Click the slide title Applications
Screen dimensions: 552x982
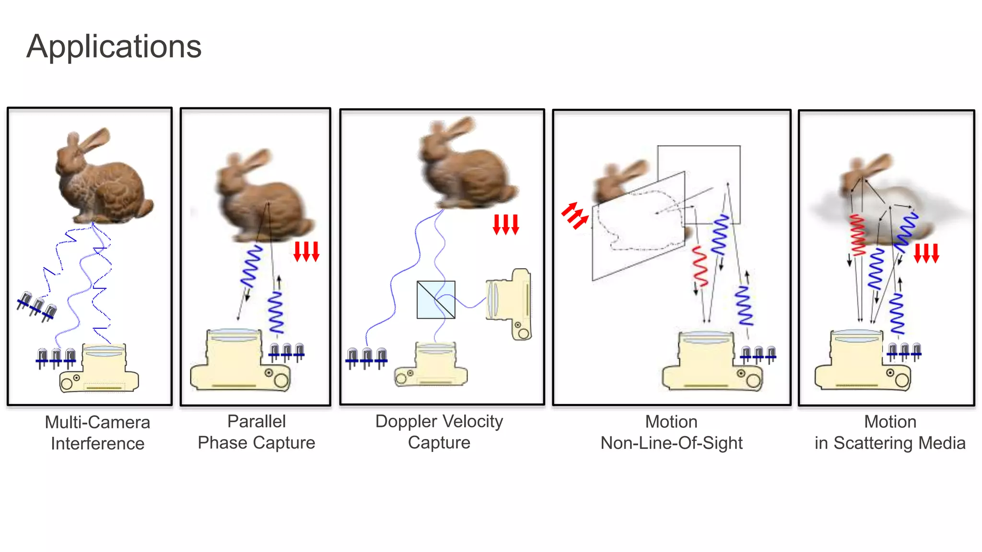click(x=114, y=46)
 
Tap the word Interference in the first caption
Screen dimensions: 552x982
click(x=97, y=444)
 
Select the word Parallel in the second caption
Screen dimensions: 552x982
click(x=257, y=421)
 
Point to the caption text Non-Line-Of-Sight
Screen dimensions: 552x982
click(x=671, y=443)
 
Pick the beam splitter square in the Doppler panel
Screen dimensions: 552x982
click(x=436, y=300)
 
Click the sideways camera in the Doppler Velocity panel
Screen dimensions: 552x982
click(x=509, y=304)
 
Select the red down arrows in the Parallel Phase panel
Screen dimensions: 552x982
click(x=306, y=252)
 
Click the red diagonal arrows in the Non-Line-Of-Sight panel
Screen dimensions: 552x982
click(x=574, y=215)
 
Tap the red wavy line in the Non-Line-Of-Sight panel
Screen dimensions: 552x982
click(x=700, y=266)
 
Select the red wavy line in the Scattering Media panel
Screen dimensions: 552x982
click(x=857, y=235)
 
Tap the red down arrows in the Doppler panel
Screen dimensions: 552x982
click(x=506, y=225)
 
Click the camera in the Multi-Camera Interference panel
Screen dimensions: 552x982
click(x=100, y=368)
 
